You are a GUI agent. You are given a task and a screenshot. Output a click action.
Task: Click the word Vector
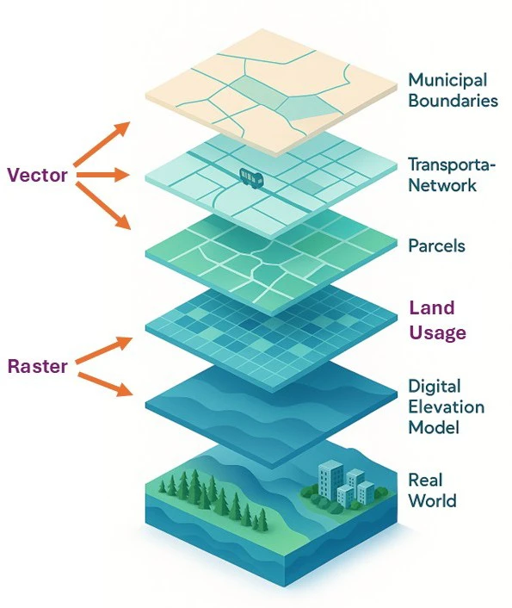click(38, 175)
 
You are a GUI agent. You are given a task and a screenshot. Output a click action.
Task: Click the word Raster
click(38, 366)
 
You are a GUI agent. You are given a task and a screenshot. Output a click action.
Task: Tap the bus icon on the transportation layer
click(251, 178)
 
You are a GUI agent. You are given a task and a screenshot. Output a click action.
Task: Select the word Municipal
click(447, 81)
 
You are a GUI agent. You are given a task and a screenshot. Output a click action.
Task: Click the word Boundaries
click(453, 101)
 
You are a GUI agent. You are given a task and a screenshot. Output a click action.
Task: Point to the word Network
click(442, 184)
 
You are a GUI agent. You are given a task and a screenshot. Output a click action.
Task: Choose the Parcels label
click(437, 245)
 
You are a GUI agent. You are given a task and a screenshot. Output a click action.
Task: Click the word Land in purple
click(432, 308)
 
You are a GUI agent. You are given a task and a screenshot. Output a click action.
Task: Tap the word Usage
click(438, 332)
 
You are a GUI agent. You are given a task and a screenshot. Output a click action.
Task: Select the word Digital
click(435, 387)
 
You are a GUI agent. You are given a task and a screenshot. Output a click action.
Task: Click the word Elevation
click(447, 407)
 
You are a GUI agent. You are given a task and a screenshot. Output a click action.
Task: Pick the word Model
click(434, 428)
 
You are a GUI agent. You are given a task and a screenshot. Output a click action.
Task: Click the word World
click(432, 500)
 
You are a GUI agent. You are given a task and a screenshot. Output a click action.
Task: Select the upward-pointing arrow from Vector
click(102, 144)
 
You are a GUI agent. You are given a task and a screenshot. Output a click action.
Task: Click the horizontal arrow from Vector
click(102, 175)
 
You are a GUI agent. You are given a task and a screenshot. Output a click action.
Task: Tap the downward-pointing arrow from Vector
click(102, 206)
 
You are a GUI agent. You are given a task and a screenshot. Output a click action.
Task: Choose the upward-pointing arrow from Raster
click(104, 350)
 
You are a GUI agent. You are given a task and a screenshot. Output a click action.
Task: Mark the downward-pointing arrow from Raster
click(105, 384)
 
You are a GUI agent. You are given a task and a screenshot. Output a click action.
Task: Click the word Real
click(425, 480)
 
